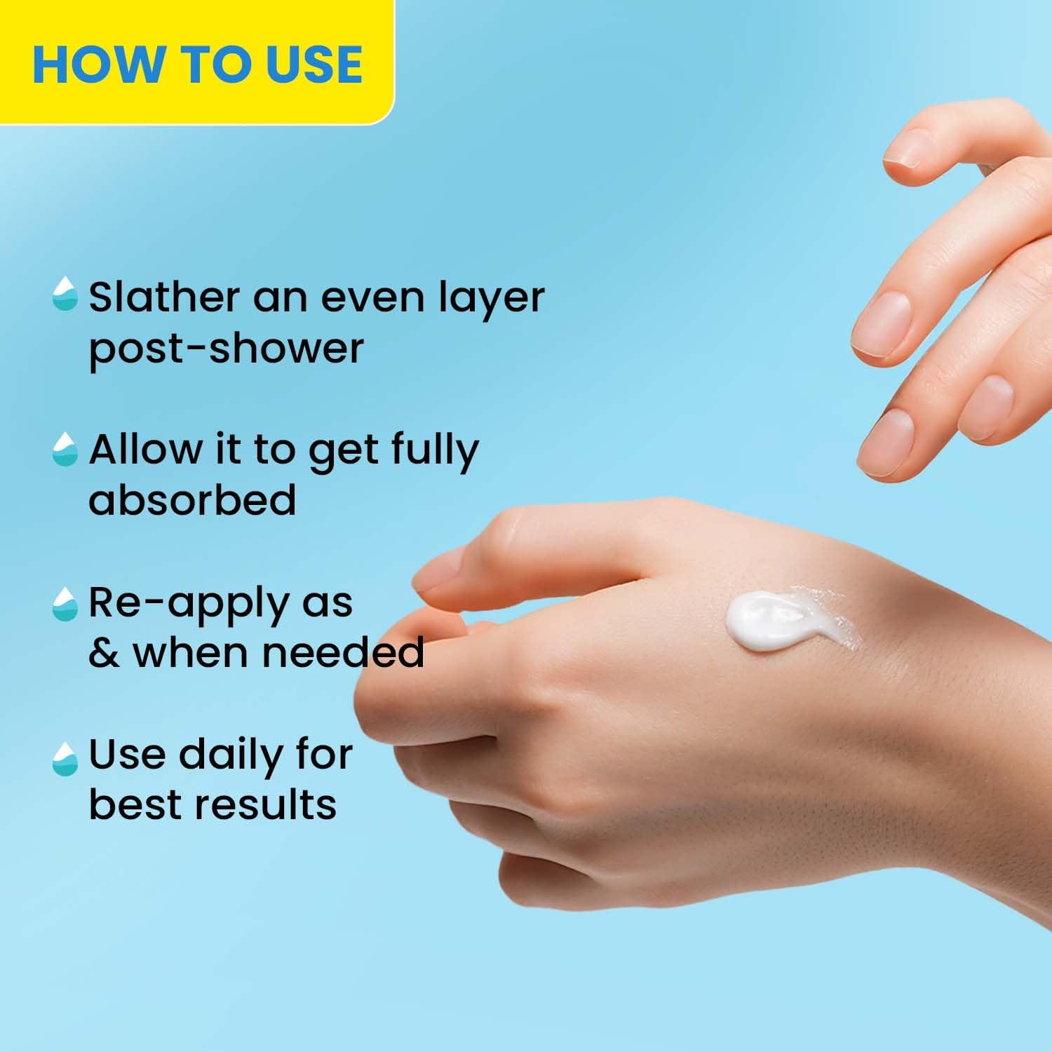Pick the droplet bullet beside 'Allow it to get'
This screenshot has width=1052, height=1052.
(65, 449)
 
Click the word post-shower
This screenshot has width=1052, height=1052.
(226, 349)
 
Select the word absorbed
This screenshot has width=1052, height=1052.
(192, 499)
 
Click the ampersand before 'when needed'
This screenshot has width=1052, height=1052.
(104, 652)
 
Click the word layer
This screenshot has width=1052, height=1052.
(491, 298)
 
